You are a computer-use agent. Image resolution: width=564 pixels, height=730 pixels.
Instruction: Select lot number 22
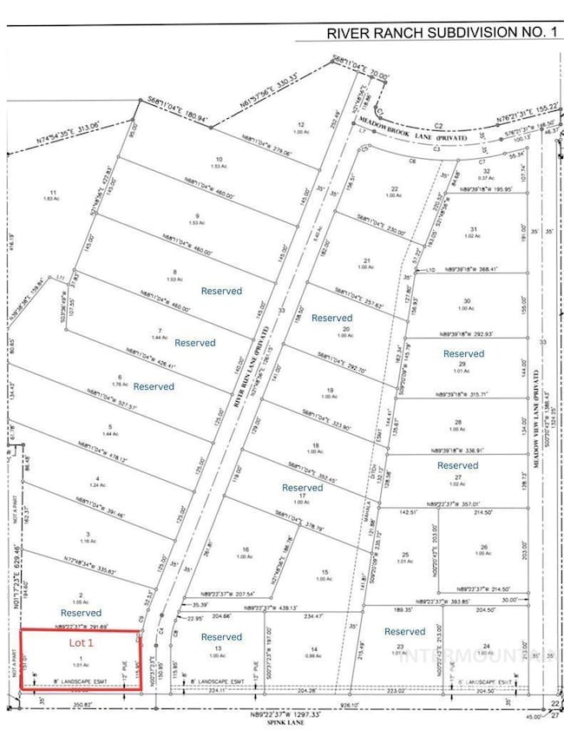pyautogui.click(x=394, y=189)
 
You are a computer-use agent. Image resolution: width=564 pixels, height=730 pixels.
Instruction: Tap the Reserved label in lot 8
pyautogui.click(x=221, y=292)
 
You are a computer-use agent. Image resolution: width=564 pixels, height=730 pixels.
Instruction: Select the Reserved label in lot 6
pyautogui.click(x=154, y=386)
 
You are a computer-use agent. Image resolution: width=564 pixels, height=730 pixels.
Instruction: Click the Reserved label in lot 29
pyautogui.click(x=464, y=353)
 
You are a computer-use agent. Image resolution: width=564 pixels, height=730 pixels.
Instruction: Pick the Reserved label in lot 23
pyautogui.click(x=404, y=631)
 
